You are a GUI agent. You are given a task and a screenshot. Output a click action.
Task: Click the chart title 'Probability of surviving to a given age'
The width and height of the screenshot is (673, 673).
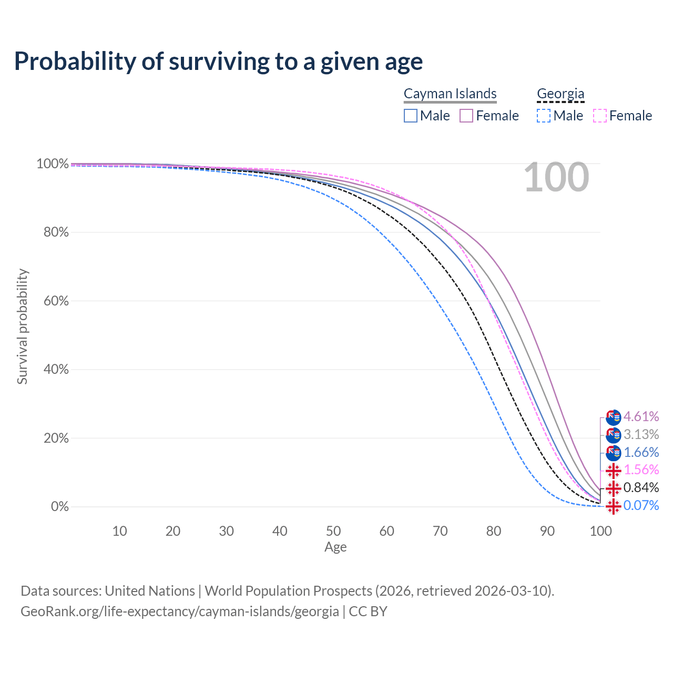pyautogui.click(x=218, y=62)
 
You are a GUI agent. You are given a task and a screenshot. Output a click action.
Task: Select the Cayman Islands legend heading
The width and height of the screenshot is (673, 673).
pyautogui.click(x=450, y=94)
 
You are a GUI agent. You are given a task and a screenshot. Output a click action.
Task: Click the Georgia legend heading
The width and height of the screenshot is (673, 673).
pyautogui.click(x=560, y=94)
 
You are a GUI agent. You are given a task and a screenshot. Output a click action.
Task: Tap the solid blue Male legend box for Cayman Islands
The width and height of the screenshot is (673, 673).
pyautogui.click(x=410, y=116)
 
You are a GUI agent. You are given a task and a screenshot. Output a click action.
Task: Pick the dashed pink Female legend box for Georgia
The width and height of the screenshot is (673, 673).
pyautogui.click(x=600, y=116)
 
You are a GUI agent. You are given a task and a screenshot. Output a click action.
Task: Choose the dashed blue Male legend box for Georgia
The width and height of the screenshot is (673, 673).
pyautogui.click(x=544, y=116)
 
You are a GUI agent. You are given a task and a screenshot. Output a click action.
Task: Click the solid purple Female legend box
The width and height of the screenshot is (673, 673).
pyautogui.click(x=466, y=116)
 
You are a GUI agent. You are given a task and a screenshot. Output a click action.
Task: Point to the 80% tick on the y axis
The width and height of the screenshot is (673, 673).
pyautogui.click(x=56, y=232)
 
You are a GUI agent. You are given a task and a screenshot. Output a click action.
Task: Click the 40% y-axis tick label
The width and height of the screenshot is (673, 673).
pyautogui.click(x=56, y=369)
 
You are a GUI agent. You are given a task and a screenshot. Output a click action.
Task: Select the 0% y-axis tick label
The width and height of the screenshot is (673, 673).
pyautogui.click(x=60, y=506)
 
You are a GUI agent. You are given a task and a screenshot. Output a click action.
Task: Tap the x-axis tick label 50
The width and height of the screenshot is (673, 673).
pyautogui.click(x=333, y=531)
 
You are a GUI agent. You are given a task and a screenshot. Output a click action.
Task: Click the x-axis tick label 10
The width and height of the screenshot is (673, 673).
pyautogui.click(x=119, y=531)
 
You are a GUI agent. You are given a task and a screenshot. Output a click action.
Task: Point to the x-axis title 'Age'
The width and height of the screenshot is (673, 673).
pyautogui.click(x=335, y=547)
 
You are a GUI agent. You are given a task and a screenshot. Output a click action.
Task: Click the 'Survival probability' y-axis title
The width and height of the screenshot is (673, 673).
pyautogui.click(x=23, y=327)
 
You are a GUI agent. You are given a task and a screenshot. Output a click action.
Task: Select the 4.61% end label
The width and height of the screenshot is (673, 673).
pyautogui.click(x=641, y=416)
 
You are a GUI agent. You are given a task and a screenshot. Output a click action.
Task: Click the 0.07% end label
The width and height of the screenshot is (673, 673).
pyautogui.click(x=641, y=505)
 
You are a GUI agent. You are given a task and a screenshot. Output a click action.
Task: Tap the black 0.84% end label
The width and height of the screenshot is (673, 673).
pyautogui.click(x=641, y=487)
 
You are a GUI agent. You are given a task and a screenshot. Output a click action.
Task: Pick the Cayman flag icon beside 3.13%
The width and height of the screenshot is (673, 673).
pyautogui.click(x=613, y=435)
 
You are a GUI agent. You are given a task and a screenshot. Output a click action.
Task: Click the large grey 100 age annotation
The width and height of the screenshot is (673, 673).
pyautogui.click(x=556, y=177)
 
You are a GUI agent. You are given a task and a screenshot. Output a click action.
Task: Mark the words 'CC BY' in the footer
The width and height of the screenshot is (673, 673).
pyautogui.click(x=368, y=611)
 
